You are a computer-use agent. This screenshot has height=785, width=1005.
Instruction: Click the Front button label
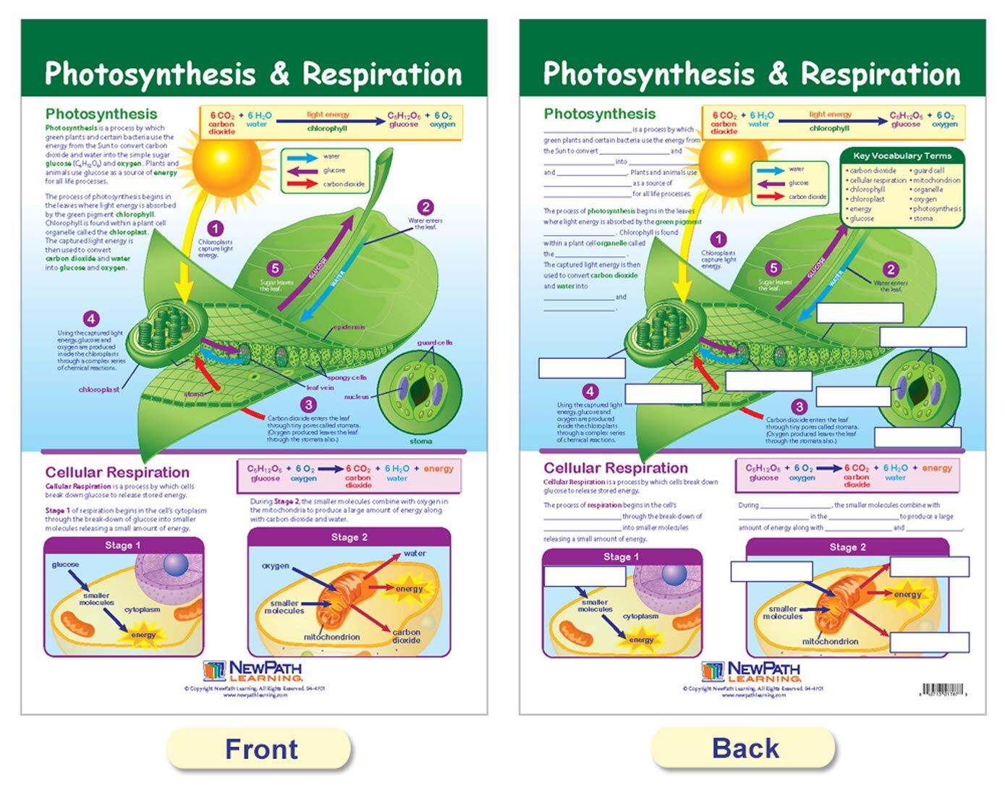click(260, 749)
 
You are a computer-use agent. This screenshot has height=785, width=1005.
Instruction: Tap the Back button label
click(745, 748)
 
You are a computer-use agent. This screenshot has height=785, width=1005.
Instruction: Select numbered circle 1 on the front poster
click(214, 229)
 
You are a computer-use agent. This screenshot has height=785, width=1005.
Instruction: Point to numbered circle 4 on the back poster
click(590, 391)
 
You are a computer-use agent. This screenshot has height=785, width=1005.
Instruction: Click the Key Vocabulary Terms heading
click(902, 156)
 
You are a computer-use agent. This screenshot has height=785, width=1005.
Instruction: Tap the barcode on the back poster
click(943, 689)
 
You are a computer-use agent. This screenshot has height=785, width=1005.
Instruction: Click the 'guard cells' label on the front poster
click(434, 342)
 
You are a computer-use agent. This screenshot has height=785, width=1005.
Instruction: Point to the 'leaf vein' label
click(320, 388)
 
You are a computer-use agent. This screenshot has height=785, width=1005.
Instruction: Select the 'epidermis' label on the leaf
click(349, 327)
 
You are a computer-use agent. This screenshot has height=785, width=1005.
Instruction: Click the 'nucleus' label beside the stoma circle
click(357, 396)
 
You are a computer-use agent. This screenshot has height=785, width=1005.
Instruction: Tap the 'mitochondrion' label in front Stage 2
click(332, 637)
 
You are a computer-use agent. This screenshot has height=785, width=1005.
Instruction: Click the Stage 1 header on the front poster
click(123, 545)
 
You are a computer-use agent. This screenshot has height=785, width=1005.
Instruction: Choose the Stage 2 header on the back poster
click(847, 547)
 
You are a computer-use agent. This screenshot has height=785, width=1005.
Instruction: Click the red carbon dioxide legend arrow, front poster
click(302, 184)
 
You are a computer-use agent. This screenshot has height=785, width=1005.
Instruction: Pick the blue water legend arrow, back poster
click(770, 170)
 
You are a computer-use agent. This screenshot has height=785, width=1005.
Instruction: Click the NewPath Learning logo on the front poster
click(253, 671)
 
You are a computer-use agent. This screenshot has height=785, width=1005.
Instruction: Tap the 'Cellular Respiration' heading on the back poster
click(615, 468)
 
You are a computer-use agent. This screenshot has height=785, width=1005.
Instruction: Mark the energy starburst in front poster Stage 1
click(143, 635)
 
